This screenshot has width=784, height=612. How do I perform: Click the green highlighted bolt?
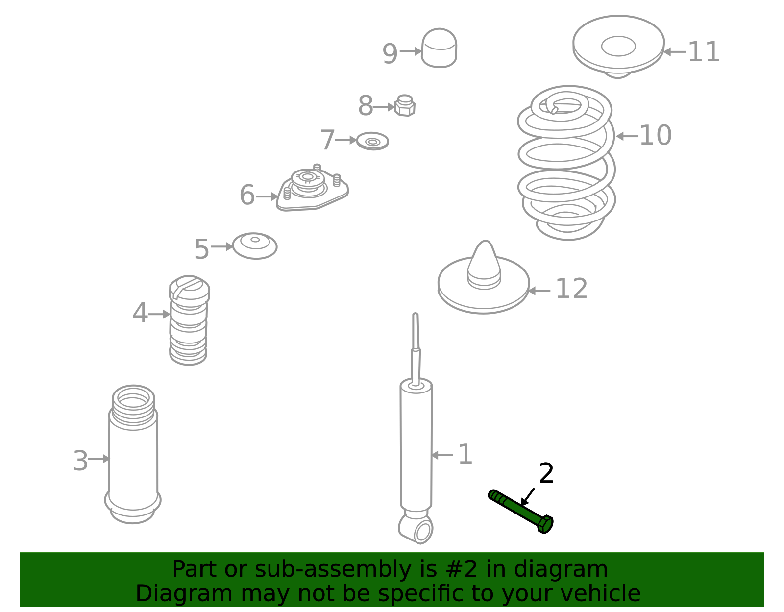[x=520, y=512]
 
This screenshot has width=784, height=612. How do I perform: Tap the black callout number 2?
[x=546, y=473]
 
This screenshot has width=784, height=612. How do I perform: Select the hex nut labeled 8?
[x=404, y=105]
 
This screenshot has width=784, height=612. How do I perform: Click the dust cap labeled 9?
[x=439, y=48]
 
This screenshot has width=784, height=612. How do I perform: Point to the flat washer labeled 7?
[x=372, y=141]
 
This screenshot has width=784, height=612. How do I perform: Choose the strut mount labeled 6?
[x=313, y=188]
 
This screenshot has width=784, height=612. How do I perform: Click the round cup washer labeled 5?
[x=255, y=246]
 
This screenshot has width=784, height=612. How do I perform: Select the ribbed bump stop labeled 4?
[x=189, y=320]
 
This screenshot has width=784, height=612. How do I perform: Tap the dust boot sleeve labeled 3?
[x=133, y=454]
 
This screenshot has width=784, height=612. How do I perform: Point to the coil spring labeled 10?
[x=566, y=162]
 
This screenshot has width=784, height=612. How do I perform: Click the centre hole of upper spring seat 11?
[x=618, y=46]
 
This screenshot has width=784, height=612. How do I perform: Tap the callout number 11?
[x=704, y=52]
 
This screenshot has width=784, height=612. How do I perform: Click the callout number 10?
[x=655, y=136]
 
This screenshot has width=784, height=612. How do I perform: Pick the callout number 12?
[x=571, y=289]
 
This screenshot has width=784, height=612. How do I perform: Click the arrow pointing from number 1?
[x=442, y=455]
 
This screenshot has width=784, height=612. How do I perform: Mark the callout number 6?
[x=247, y=195]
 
